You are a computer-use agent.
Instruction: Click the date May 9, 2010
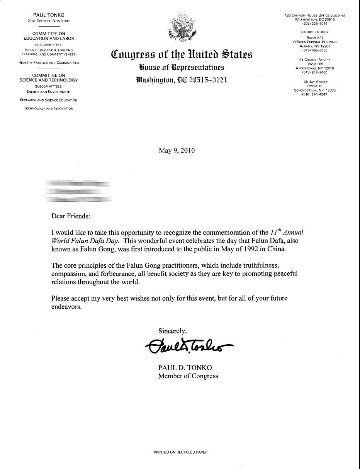[x=177, y=150]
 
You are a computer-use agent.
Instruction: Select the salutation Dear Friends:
[x=71, y=216]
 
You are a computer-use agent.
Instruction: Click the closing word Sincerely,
[x=173, y=331]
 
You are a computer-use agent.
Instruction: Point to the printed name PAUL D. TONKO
[x=185, y=367]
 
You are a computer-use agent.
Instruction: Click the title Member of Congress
[x=188, y=376]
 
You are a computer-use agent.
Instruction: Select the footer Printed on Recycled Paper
[x=180, y=452]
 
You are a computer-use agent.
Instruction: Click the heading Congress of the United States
[x=182, y=54]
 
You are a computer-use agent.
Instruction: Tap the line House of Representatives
[x=182, y=68]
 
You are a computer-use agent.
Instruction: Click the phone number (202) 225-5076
[x=315, y=24]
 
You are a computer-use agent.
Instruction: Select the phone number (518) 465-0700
[x=315, y=50]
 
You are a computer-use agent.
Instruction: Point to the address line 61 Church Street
[x=315, y=60]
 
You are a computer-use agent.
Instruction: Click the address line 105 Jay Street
[x=315, y=82]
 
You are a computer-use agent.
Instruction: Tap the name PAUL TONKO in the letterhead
[x=49, y=15]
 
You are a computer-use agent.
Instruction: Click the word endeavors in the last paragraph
[x=66, y=307]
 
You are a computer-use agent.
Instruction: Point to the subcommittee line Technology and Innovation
[x=49, y=109]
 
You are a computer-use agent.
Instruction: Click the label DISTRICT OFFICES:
[x=315, y=32]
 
